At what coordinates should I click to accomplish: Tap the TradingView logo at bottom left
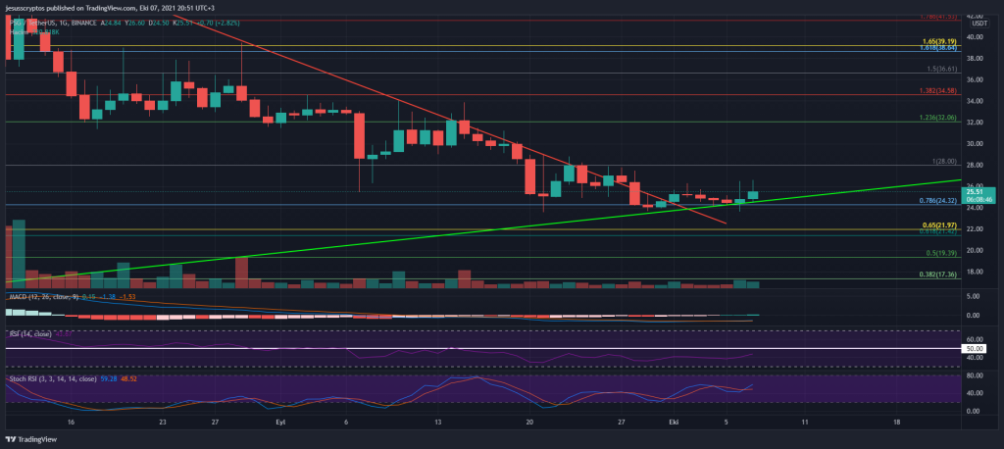[x=35, y=438]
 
